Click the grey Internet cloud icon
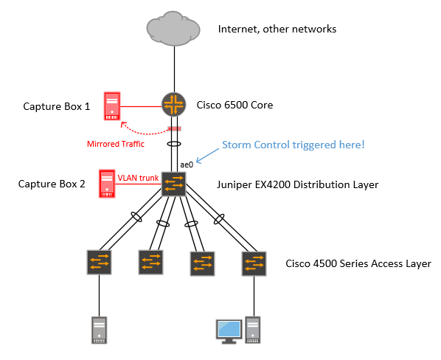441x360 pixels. (x=173, y=29)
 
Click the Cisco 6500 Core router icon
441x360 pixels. (x=174, y=105)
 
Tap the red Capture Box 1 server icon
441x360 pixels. (x=112, y=106)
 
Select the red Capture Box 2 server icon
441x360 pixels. (x=107, y=184)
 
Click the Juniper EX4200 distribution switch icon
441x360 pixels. (x=173, y=184)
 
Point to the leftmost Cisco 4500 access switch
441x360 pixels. (x=99, y=262)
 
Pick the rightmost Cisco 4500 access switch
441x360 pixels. (x=254, y=263)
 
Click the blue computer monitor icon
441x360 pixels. (x=229, y=331)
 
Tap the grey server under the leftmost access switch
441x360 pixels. (x=100, y=330)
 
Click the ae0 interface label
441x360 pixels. (x=187, y=165)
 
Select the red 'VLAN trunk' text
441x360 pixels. (x=138, y=178)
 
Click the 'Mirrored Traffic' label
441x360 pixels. (x=116, y=144)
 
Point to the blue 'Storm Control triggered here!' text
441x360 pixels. (x=294, y=145)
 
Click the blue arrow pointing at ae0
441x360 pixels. (x=207, y=156)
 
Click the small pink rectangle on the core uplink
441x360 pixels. (x=174, y=128)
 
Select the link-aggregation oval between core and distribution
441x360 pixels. (x=174, y=144)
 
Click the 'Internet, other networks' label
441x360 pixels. (x=277, y=29)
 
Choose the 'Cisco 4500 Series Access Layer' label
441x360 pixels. (x=358, y=263)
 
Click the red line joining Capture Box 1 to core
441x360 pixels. (x=141, y=106)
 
